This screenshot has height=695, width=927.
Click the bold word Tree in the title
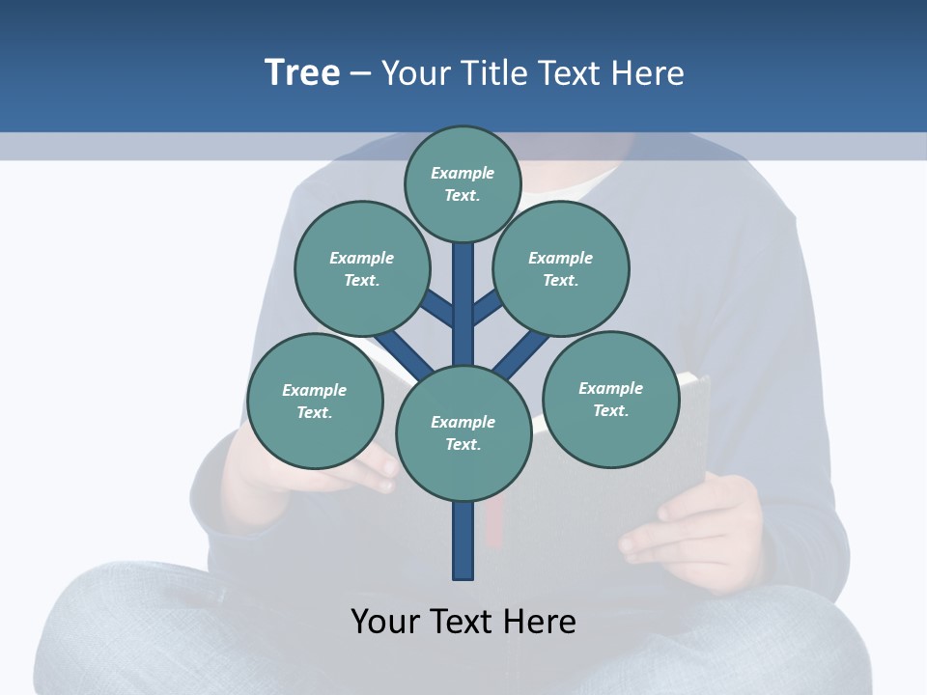(x=302, y=72)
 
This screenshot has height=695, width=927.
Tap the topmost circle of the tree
(x=463, y=183)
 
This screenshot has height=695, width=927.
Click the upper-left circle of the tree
(x=362, y=268)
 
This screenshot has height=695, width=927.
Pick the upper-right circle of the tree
(x=561, y=268)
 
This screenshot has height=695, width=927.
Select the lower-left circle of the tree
(x=315, y=401)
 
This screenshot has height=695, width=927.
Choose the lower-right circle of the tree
(x=610, y=399)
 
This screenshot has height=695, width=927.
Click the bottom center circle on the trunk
(x=463, y=433)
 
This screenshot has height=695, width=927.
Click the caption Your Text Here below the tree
(x=463, y=621)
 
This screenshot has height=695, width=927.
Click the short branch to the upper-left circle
(x=438, y=309)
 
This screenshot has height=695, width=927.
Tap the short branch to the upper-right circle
(x=488, y=307)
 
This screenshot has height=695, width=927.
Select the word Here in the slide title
(x=648, y=72)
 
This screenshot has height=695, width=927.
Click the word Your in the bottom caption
(x=386, y=621)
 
